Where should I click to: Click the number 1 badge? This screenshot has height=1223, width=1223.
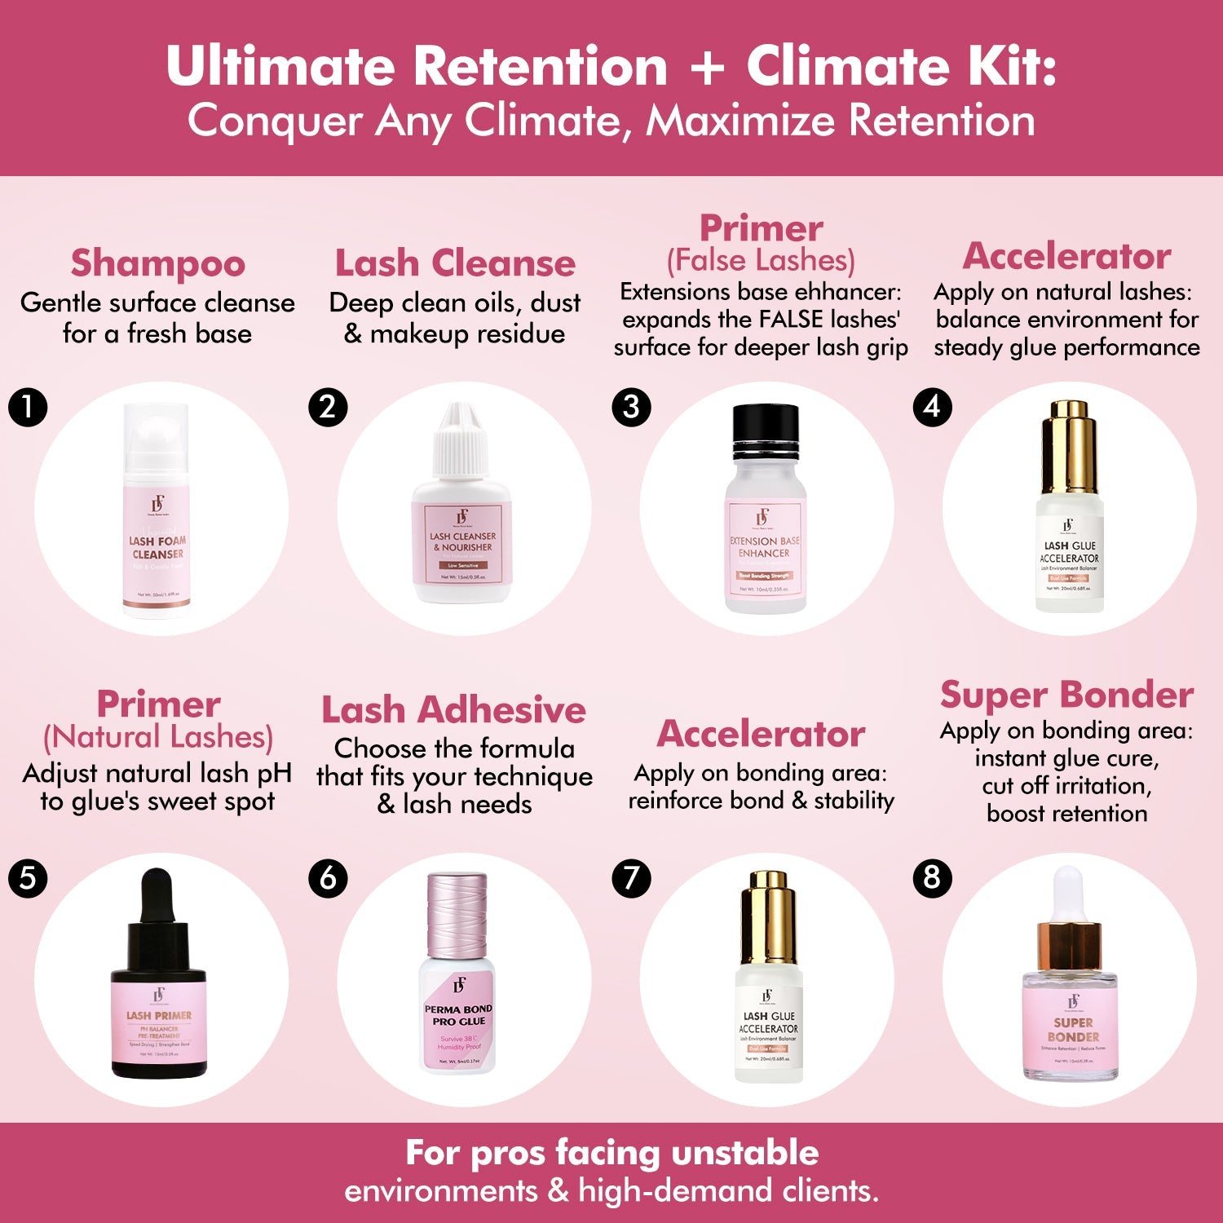point(28,406)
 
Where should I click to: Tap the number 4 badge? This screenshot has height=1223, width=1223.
point(932,406)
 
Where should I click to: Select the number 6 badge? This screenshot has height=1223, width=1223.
point(328,878)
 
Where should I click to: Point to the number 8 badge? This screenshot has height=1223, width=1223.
point(932,878)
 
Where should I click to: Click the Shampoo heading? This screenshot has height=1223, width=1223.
point(157,263)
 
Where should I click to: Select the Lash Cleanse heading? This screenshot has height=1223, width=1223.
point(455,263)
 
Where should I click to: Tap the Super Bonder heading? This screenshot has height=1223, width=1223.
point(1066,695)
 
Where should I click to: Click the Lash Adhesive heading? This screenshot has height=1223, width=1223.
point(453,709)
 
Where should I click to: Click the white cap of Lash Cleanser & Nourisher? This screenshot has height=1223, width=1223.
point(462,440)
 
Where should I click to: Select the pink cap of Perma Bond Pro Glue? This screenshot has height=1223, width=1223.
point(457,913)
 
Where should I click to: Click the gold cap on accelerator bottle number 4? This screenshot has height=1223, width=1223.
point(1069,444)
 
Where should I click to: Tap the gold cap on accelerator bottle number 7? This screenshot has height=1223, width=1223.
point(767,916)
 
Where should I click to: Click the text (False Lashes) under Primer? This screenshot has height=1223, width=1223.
point(761,261)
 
